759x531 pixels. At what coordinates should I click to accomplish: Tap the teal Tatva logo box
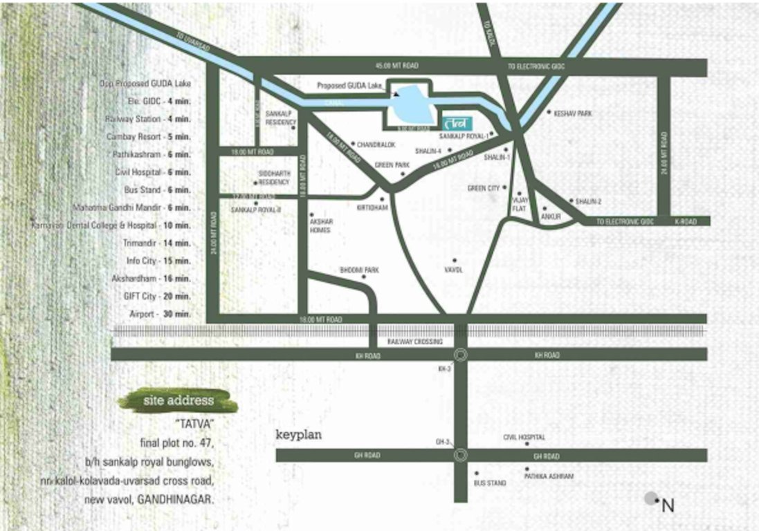pos(455,124)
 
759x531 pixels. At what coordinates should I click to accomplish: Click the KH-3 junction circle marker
pos(461,355)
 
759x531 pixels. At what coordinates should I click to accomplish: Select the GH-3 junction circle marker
pos(461,455)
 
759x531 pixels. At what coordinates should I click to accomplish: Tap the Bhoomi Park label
pos(359,270)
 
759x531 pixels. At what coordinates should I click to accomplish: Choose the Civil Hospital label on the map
pos(524,437)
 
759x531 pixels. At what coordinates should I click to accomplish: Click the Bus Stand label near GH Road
pos(490,483)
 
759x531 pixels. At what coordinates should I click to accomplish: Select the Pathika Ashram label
pos(549,476)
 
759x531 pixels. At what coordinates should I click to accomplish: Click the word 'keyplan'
pos(299,436)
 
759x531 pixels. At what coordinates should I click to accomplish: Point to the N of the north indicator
pos(668,505)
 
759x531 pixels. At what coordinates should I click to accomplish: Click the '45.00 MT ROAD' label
pos(397,66)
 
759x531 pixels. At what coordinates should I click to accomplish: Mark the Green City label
pos(484,188)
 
